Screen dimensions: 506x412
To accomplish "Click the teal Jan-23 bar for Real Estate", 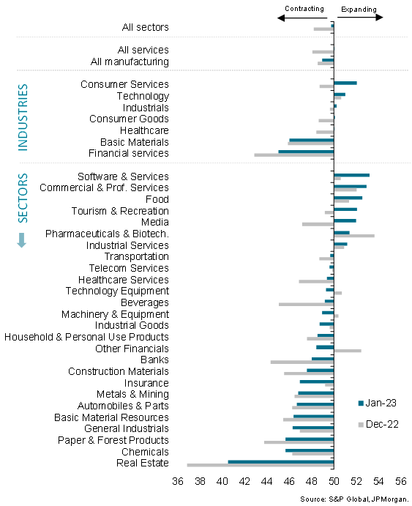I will [281, 461].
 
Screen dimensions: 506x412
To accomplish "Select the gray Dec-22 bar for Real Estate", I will [261, 465].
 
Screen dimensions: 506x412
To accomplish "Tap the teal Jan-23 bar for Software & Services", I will [351, 175].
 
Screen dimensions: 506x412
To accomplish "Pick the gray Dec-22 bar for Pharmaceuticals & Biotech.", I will [354, 236].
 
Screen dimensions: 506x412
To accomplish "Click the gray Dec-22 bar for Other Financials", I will [348, 351].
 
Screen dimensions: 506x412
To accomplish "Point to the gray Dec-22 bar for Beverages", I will [306, 305].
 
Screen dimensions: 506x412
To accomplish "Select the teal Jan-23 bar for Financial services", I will [306, 152].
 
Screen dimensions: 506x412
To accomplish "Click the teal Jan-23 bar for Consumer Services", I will [345, 83].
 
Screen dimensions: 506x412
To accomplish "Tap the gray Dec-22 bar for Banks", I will [302, 362].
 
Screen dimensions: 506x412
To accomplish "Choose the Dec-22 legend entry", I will [378, 424].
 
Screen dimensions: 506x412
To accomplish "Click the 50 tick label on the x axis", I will [334, 481].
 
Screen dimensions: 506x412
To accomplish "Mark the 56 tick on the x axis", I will [401, 481].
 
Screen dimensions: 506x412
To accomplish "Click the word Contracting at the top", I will [304, 9].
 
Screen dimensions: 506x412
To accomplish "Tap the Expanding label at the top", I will [357, 9].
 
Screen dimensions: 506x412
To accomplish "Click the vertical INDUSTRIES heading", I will [23, 117].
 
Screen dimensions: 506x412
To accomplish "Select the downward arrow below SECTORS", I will [22, 239].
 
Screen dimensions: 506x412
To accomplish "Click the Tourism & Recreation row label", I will [120, 211].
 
